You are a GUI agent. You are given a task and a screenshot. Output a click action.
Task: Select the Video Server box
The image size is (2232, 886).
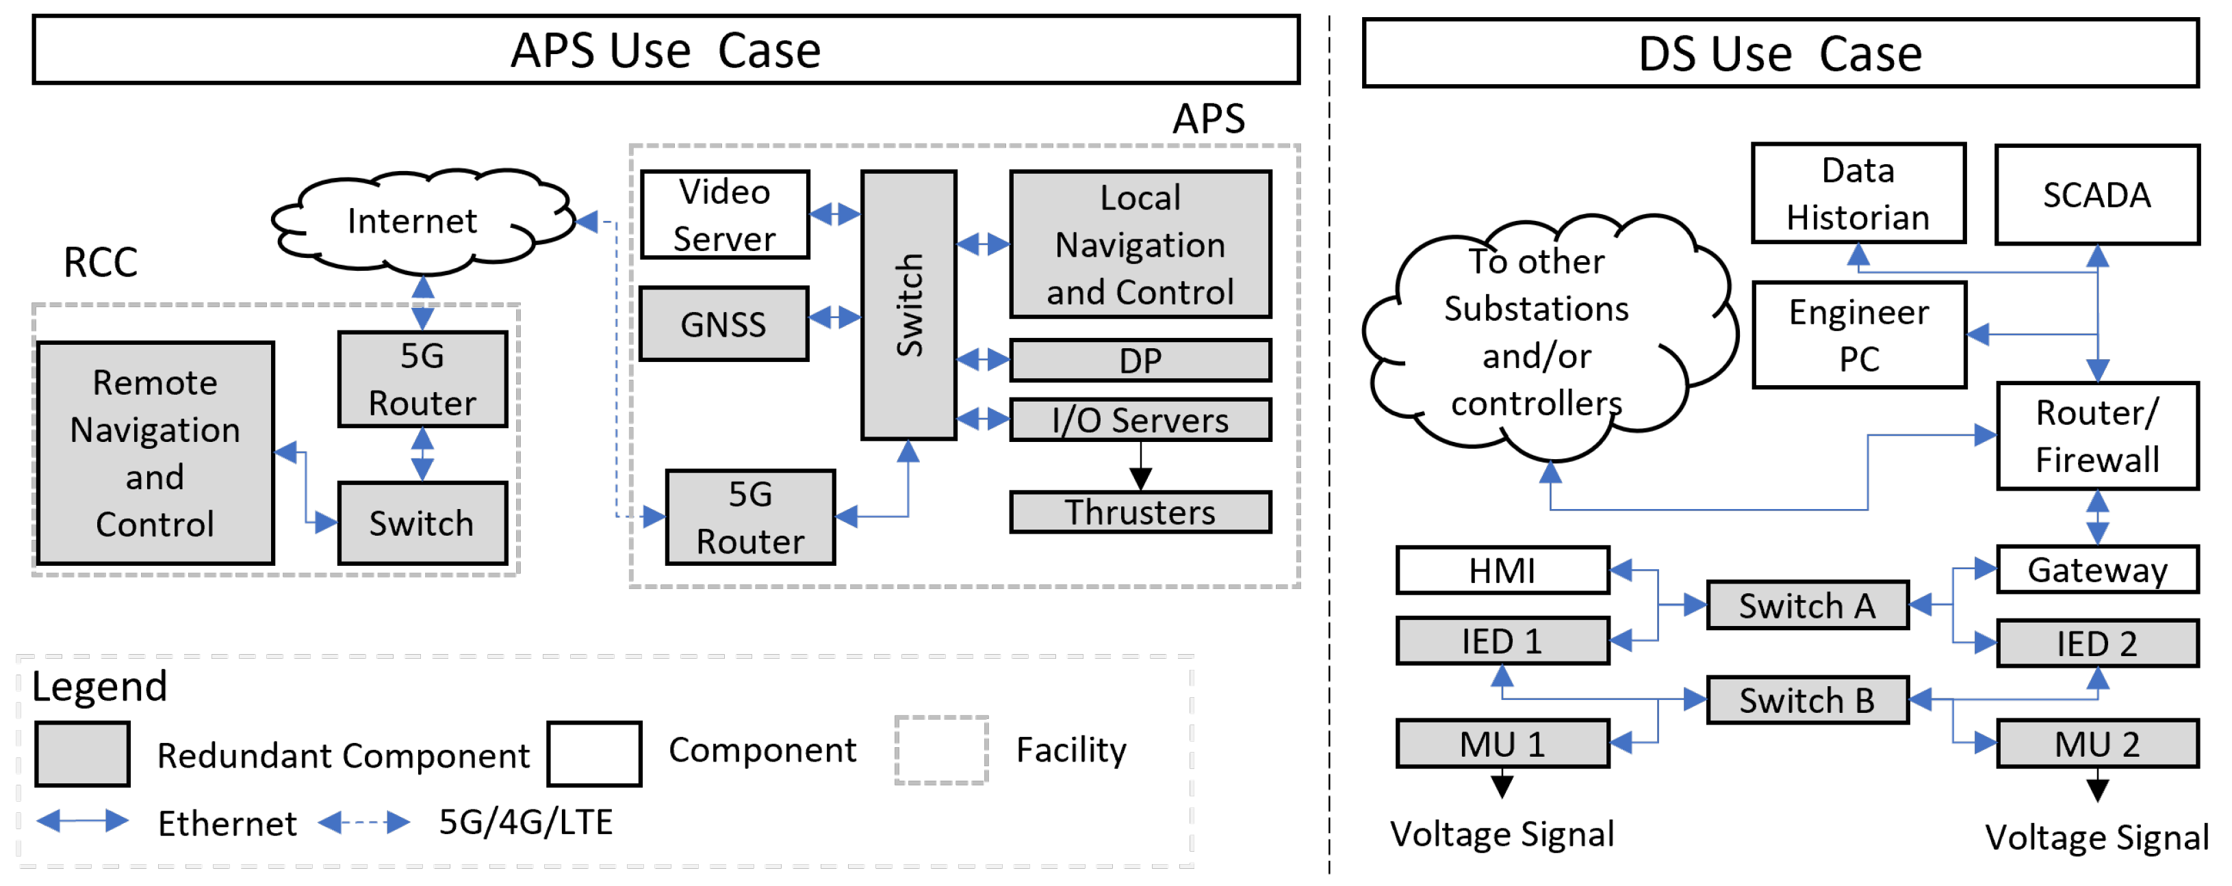(x=724, y=215)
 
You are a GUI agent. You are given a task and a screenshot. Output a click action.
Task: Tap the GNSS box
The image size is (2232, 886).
(x=723, y=324)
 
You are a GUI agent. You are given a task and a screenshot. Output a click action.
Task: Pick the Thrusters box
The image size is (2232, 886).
(x=1140, y=512)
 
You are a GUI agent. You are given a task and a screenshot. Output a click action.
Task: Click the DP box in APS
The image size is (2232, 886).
(x=1140, y=361)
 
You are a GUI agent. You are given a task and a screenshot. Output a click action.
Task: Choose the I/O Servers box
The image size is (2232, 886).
(x=1140, y=420)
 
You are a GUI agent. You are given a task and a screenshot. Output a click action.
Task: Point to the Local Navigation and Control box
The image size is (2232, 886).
(x=1140, y=244)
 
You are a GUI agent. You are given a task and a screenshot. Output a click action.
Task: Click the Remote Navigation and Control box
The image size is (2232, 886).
(x=155, y=453)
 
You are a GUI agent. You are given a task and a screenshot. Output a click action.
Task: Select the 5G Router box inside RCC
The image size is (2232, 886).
(x=422, y=379)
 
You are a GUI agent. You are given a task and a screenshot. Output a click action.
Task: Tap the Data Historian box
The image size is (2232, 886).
(x=1858, y=193)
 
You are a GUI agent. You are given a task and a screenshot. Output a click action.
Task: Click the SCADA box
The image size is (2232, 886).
(x=2097, y=195)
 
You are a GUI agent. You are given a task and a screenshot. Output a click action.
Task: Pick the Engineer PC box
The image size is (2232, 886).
(x=1860, y=335)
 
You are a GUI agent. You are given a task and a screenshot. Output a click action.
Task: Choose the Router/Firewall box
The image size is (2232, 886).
(x=2097, y=436)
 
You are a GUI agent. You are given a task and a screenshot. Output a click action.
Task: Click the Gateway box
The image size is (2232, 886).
(x=2097, y=570)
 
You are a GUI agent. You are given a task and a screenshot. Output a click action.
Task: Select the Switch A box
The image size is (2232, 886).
(x=1808, y=605)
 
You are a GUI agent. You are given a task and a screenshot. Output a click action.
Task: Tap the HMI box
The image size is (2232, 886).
(x=1502, y=571)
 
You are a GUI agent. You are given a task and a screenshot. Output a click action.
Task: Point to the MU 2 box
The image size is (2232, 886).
(x=2097, y=744)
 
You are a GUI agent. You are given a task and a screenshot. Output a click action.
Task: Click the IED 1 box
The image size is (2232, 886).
(x=1502, y=641)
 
